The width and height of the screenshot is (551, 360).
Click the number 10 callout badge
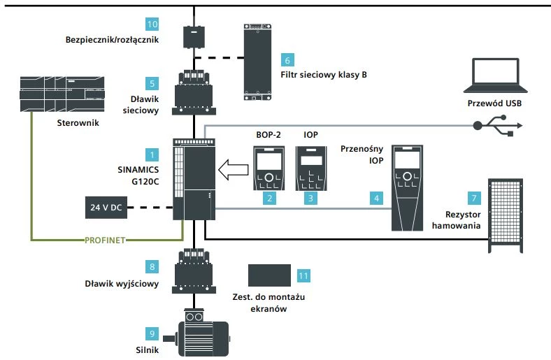152,23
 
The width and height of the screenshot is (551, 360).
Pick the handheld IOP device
408,187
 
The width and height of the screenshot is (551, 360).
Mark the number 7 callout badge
474,199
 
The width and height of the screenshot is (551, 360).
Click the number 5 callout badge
152,82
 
